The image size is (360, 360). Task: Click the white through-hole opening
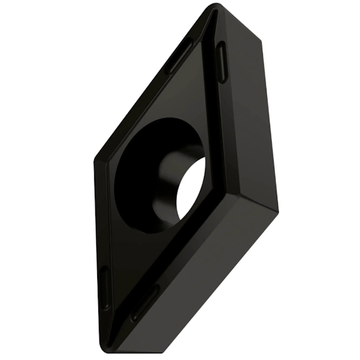pyautogui.click(x=191, y=191)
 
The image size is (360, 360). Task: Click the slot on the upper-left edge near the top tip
pyautogui.click(x=179, y=55)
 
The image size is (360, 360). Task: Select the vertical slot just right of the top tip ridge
pyautogui.click(x=221, y=62)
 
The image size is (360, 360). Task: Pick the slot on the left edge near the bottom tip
pyautogui.click(x=104, y=287)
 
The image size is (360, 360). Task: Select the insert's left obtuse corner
pyautogui.click(x=96, y=161)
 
